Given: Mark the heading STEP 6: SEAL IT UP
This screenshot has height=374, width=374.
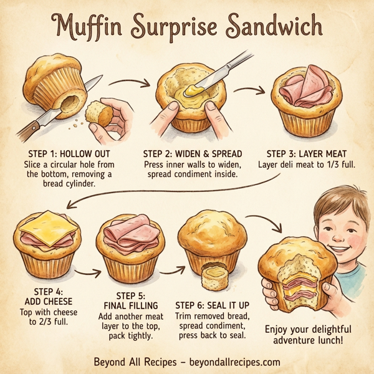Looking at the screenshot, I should click(x=211, y=305).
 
